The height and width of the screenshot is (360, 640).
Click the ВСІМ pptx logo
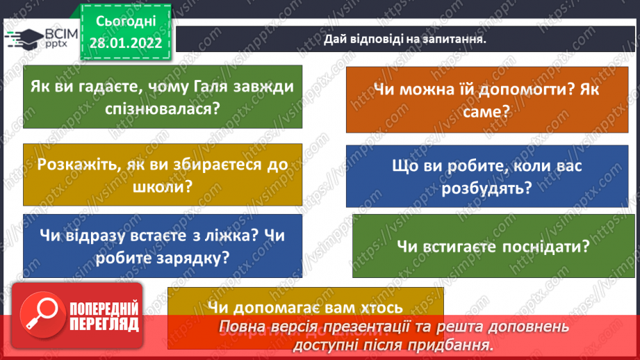42,39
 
